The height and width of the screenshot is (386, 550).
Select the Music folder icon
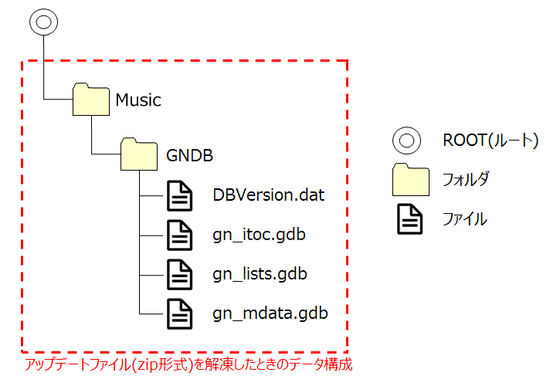point(91,100)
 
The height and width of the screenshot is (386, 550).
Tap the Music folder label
point(138,100)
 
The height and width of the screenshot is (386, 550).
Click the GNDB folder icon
point(140,154)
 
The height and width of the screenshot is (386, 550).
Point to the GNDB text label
point(190,155)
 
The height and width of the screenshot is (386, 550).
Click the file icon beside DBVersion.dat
point(180,196)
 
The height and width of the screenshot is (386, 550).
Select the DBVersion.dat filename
point(268,195)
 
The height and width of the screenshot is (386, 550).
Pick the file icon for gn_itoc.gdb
point(180,235)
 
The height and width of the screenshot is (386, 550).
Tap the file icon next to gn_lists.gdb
point(180,274)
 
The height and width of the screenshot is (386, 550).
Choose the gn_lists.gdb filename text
point(260,274)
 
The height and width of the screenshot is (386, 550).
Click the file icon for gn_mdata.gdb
point(180,313)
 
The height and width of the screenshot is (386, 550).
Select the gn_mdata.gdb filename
point(270,313)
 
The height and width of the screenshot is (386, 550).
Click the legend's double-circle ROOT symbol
point(406,141)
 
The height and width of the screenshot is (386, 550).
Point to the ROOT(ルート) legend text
point(489,141)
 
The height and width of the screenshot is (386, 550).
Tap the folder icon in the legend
point(410,179)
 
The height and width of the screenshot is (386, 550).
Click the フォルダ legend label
point(466,179)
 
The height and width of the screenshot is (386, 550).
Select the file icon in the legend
point(410,219)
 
